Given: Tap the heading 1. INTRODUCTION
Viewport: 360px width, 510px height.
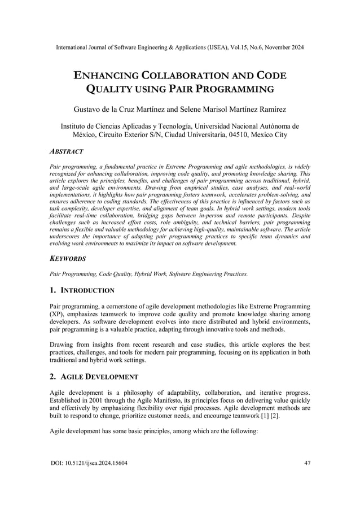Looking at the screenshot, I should click(x=82, y=290).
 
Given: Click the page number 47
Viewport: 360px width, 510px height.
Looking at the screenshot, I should click(x=306, y=464).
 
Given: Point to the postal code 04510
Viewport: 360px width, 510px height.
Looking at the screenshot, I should click(x=239, y=136).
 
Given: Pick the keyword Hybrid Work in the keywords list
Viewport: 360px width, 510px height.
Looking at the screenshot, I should click(x=148, y=274).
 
